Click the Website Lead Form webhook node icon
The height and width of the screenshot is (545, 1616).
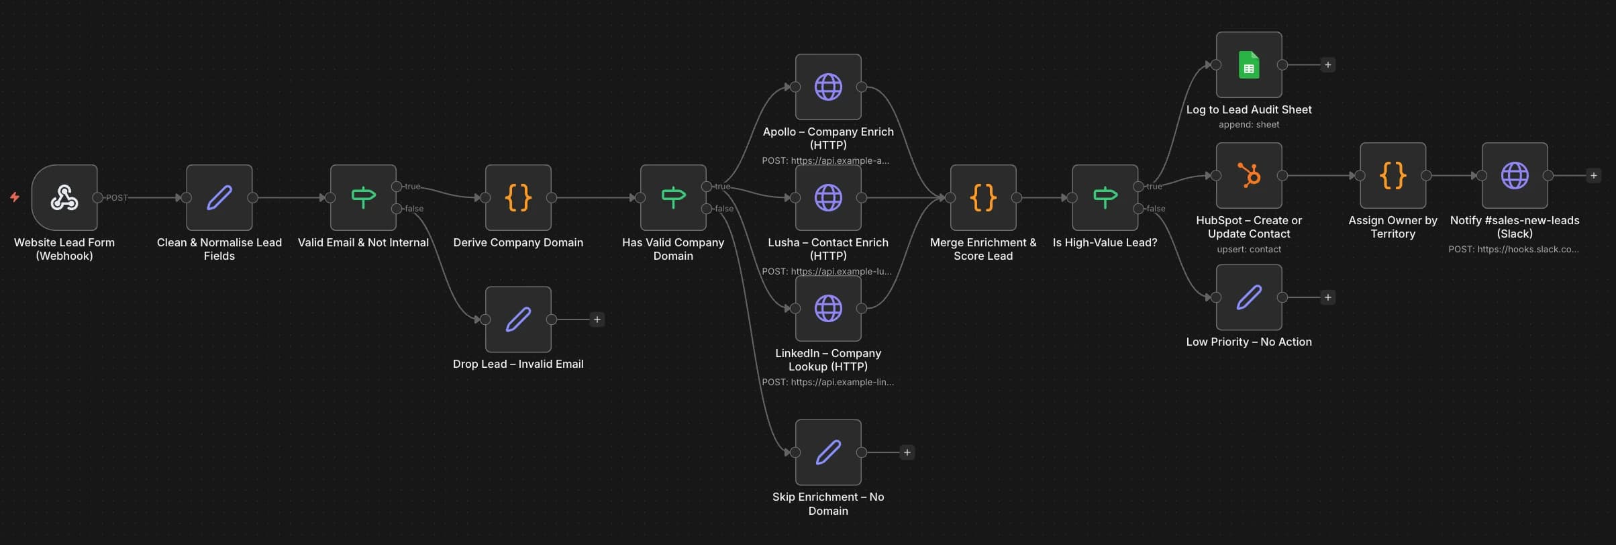pos(64,197)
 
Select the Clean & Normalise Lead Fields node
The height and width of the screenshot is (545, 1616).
pos(219,197)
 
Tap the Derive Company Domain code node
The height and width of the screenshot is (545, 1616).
pos(518,197)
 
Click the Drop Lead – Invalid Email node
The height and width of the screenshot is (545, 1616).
pos(518,319)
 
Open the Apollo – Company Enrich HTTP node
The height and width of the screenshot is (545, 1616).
pos(828,87)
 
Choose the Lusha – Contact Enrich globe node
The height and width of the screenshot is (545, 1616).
pos(828,197)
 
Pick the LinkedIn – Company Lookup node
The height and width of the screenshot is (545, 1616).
pos(828,308)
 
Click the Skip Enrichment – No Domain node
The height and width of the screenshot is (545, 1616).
pos(828,452)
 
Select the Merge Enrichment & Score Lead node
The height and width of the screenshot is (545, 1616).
pos(983,197)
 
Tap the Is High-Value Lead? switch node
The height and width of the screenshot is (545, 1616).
pos(1105,197)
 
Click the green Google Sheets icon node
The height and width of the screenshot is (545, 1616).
pos(1249,64)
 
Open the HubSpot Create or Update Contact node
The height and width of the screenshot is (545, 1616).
pos(1249,175)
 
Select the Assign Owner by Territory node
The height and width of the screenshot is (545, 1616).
pos(1393,175)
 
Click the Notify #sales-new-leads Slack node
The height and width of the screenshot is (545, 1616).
pos(1515,175)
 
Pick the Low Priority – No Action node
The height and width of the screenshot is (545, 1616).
pos(1249,297)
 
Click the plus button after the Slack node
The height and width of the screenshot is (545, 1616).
pos(1593,175)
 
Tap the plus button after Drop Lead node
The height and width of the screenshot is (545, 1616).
pos(597,319)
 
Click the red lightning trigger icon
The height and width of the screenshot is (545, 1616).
pos(14,197)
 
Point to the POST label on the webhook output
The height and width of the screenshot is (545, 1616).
pos(117,197)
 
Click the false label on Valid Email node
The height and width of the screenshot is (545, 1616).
pos(414,209)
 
